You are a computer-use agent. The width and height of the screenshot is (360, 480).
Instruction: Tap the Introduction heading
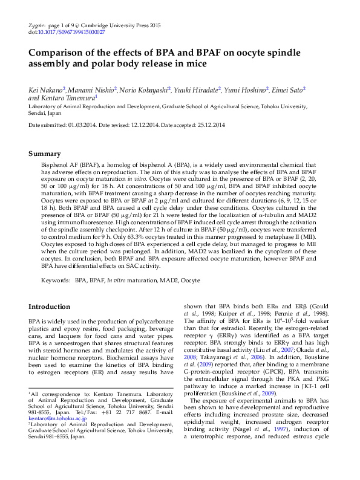(x=53, y=306)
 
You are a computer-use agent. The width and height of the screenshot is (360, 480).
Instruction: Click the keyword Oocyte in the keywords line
(x=191, y=281)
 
